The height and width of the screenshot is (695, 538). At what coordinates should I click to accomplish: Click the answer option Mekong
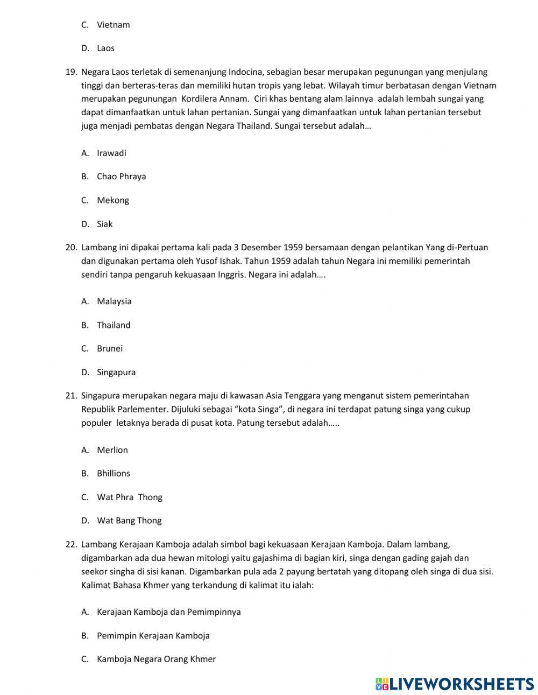pyautogui.click(x=113, y=200)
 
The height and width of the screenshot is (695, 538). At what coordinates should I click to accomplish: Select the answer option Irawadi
pyautogui.click(x=111, y=153)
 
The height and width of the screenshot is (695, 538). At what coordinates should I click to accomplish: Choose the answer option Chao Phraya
pyautogui.click(x=121, y=177)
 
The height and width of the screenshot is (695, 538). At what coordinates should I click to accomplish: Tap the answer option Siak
pyautogui.click(x=105, y=224)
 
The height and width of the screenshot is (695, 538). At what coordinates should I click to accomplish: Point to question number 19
pyautogui.click(x=72, y=72)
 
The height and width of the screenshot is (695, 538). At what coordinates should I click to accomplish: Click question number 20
pyautogui.click(x=72, y=248)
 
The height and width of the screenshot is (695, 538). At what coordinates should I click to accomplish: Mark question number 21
pyautogui.click(x=72, y=396)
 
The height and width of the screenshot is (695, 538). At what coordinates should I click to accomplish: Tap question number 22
pyautogui.click(x=72, y=545)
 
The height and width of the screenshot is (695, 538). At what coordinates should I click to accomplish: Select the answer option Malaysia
pyautogui.click(x=114, y=301)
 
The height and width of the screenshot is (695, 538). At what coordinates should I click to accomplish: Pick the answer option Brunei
pyautogui.click(x=110, y=348)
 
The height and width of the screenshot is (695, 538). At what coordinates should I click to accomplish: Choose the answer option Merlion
pyautogui.click(x=112, y=450)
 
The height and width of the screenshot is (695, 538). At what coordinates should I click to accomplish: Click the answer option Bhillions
pyautogui.click(x=114, y=474)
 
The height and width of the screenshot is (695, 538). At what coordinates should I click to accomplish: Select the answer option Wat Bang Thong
pyautogui.click(x=129, y=521)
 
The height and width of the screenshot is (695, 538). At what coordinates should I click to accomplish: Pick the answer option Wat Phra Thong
pyautogui.click(x=130, y=497)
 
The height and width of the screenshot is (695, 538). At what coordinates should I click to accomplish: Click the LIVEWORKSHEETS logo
pyautogui.click(x=455, y=684)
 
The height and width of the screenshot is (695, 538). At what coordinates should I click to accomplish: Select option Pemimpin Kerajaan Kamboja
pyautogui.click(x=153, y=636)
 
